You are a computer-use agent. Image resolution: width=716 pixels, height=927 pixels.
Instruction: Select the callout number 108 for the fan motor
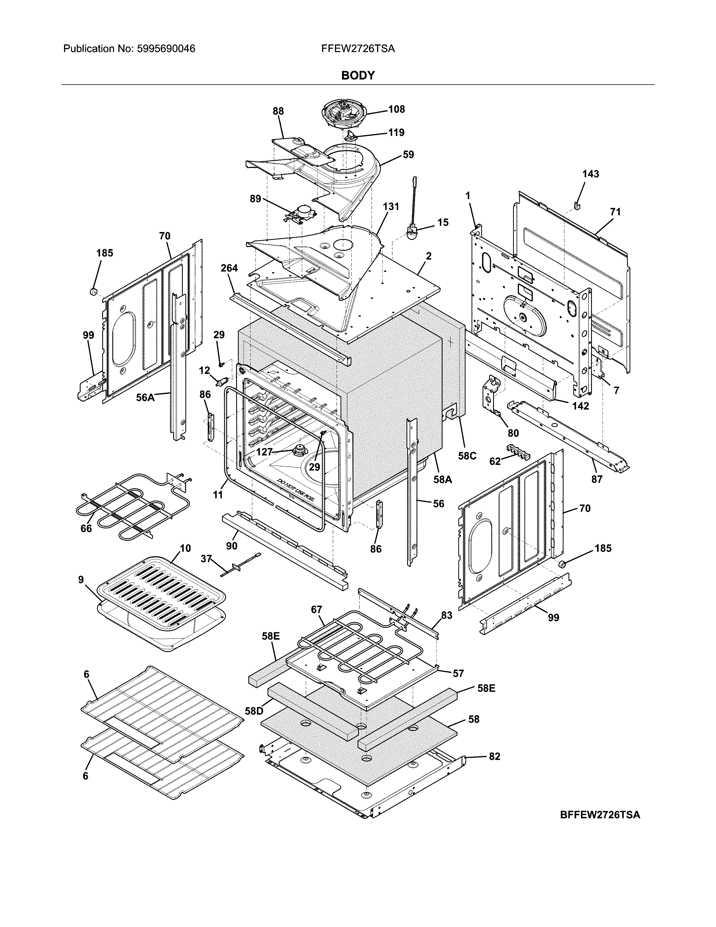[x=396, y=110]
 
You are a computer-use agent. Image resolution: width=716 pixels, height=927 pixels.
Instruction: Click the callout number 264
[x=229, y=268]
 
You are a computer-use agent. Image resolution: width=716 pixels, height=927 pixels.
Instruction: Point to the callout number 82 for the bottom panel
[x=494, y=756]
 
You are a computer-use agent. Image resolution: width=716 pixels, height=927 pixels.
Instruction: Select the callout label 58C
[x=467, y=456]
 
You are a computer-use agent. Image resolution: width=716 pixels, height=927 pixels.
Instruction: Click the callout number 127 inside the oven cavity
[x=264, y=452]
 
